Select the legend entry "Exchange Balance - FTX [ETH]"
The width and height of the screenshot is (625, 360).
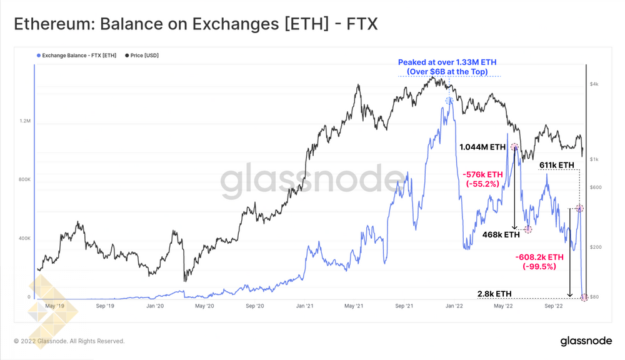77,55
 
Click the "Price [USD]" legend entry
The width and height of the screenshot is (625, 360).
144,55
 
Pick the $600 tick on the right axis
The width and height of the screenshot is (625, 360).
595,187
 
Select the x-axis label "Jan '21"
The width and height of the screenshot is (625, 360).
304,306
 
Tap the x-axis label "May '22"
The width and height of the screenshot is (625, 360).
504,306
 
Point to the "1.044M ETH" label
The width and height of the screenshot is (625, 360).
482,147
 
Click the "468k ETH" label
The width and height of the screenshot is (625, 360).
501,235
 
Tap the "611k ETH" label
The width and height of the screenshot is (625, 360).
556,165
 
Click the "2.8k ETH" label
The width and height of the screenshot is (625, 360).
494,293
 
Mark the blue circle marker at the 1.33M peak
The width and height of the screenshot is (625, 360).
449,101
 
